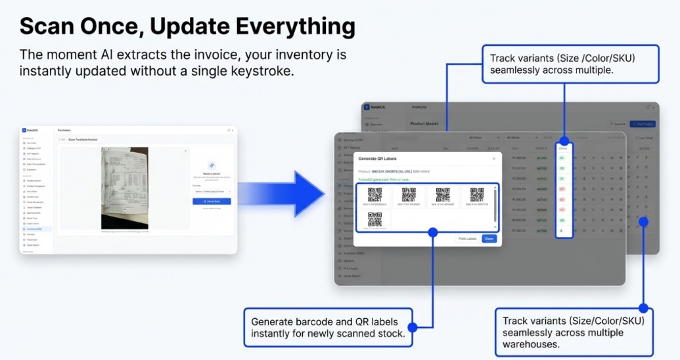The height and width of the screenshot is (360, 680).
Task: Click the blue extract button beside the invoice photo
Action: coord(211,201)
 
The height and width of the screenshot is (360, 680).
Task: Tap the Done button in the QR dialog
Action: coord(489,238)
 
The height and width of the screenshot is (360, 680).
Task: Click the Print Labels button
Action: coord(467,238)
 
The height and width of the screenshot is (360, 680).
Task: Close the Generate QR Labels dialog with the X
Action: coord(493,159)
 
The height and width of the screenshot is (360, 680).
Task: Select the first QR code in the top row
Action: coord(375,196)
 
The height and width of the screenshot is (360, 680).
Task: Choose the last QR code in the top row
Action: coord(476,196)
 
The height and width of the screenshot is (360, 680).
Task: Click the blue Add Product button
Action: coord(642,124)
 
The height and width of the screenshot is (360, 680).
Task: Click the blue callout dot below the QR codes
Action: coord(432,232)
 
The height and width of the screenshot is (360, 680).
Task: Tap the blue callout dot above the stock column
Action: coord(564,141)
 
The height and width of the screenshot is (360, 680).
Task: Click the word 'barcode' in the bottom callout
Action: coord(321,321)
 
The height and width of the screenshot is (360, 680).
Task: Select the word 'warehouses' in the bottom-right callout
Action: coord(531,345)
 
